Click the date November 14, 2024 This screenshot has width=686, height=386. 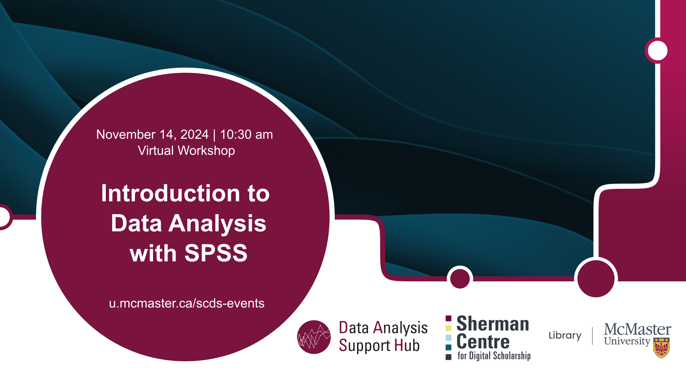tap(152, 134)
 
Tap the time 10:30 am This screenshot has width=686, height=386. tap(246, 134)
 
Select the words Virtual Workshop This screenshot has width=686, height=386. tap(187, 151)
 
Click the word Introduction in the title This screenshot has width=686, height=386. tap(170, 193)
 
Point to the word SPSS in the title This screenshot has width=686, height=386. tap(216, 253)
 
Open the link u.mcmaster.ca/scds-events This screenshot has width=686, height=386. tap(187, 303)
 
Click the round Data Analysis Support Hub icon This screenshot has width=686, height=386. tap(314, 337)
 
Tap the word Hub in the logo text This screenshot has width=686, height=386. tap(407, 345)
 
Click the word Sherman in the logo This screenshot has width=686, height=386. tap(493, 324)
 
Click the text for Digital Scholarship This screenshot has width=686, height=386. tap(494, 356)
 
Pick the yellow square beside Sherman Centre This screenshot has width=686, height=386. tap(448, 328)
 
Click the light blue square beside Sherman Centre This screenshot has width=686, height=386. tap(448, 338)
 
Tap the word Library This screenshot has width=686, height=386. tap(565, 336)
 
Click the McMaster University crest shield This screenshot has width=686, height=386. tap(662, 348)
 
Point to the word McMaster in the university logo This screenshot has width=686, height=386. tap(637, 329)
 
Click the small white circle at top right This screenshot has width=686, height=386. tap(658, 51)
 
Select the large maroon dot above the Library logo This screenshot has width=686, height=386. tap(596, 279)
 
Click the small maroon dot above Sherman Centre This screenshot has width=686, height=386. tap(460, 279)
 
